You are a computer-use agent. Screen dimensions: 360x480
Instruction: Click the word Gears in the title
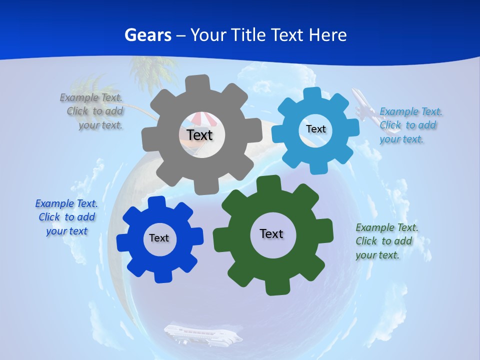[147, 35]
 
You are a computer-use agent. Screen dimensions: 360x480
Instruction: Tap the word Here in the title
[327, 35]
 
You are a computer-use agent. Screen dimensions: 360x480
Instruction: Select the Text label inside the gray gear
[199, 135]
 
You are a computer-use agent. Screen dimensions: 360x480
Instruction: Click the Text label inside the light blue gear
[315, 129]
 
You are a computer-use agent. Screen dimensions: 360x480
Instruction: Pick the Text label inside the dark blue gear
[159, 238]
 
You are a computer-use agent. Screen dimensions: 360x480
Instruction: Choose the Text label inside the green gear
[271, 233]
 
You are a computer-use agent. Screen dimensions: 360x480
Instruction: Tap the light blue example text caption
[410, 125]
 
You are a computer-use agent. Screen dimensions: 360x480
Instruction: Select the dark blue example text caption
[66, 217]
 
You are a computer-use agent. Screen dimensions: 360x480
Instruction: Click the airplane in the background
[364, 103]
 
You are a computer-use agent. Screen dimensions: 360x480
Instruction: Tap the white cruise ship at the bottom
[202, 334]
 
